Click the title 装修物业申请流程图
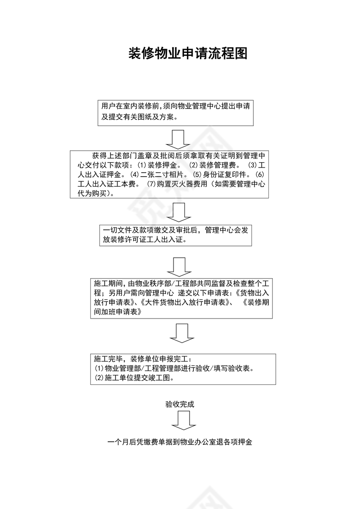tap(188, 54)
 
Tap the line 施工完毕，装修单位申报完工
tap(145, 359)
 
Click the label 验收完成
tap(180, 404)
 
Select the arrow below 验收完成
tap(180, 420)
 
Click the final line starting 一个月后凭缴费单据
tap(180, 443)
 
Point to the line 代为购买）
tap(96, 193)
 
